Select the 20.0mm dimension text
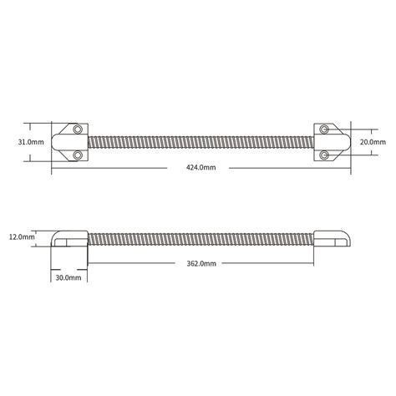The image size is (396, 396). point(372,142)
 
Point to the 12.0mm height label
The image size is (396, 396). point(22,237)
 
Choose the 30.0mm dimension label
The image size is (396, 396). point(68,276)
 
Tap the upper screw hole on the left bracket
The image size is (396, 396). point(77,130)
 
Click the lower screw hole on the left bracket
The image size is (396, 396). point(77,155)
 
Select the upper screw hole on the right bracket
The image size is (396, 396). point(320,130)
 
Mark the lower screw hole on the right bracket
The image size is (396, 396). point(320,155)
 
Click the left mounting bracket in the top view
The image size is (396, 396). point(69,142)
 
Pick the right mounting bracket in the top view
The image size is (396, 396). point(327,142)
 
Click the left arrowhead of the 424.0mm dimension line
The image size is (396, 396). point(54,168)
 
